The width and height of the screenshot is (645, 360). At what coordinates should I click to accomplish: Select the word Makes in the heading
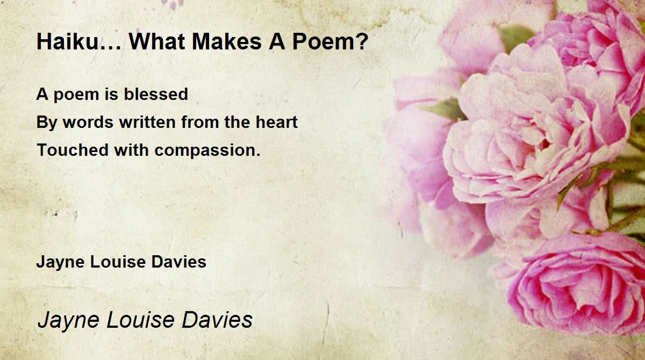(x=226, y=42)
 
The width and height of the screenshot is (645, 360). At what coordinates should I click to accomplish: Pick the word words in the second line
(x=88, y=122)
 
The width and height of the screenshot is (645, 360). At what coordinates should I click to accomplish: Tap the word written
(x=147, y=122)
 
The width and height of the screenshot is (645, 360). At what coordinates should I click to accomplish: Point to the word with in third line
(x=131, y=150)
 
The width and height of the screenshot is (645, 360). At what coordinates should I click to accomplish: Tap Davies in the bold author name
(x=179, y=262)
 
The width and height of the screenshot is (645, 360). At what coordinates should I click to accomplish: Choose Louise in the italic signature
(x=141, y=320)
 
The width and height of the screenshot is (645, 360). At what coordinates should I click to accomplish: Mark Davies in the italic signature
(x=217, y=320)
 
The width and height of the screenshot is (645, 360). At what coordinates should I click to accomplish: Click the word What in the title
(x=157, y=42)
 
